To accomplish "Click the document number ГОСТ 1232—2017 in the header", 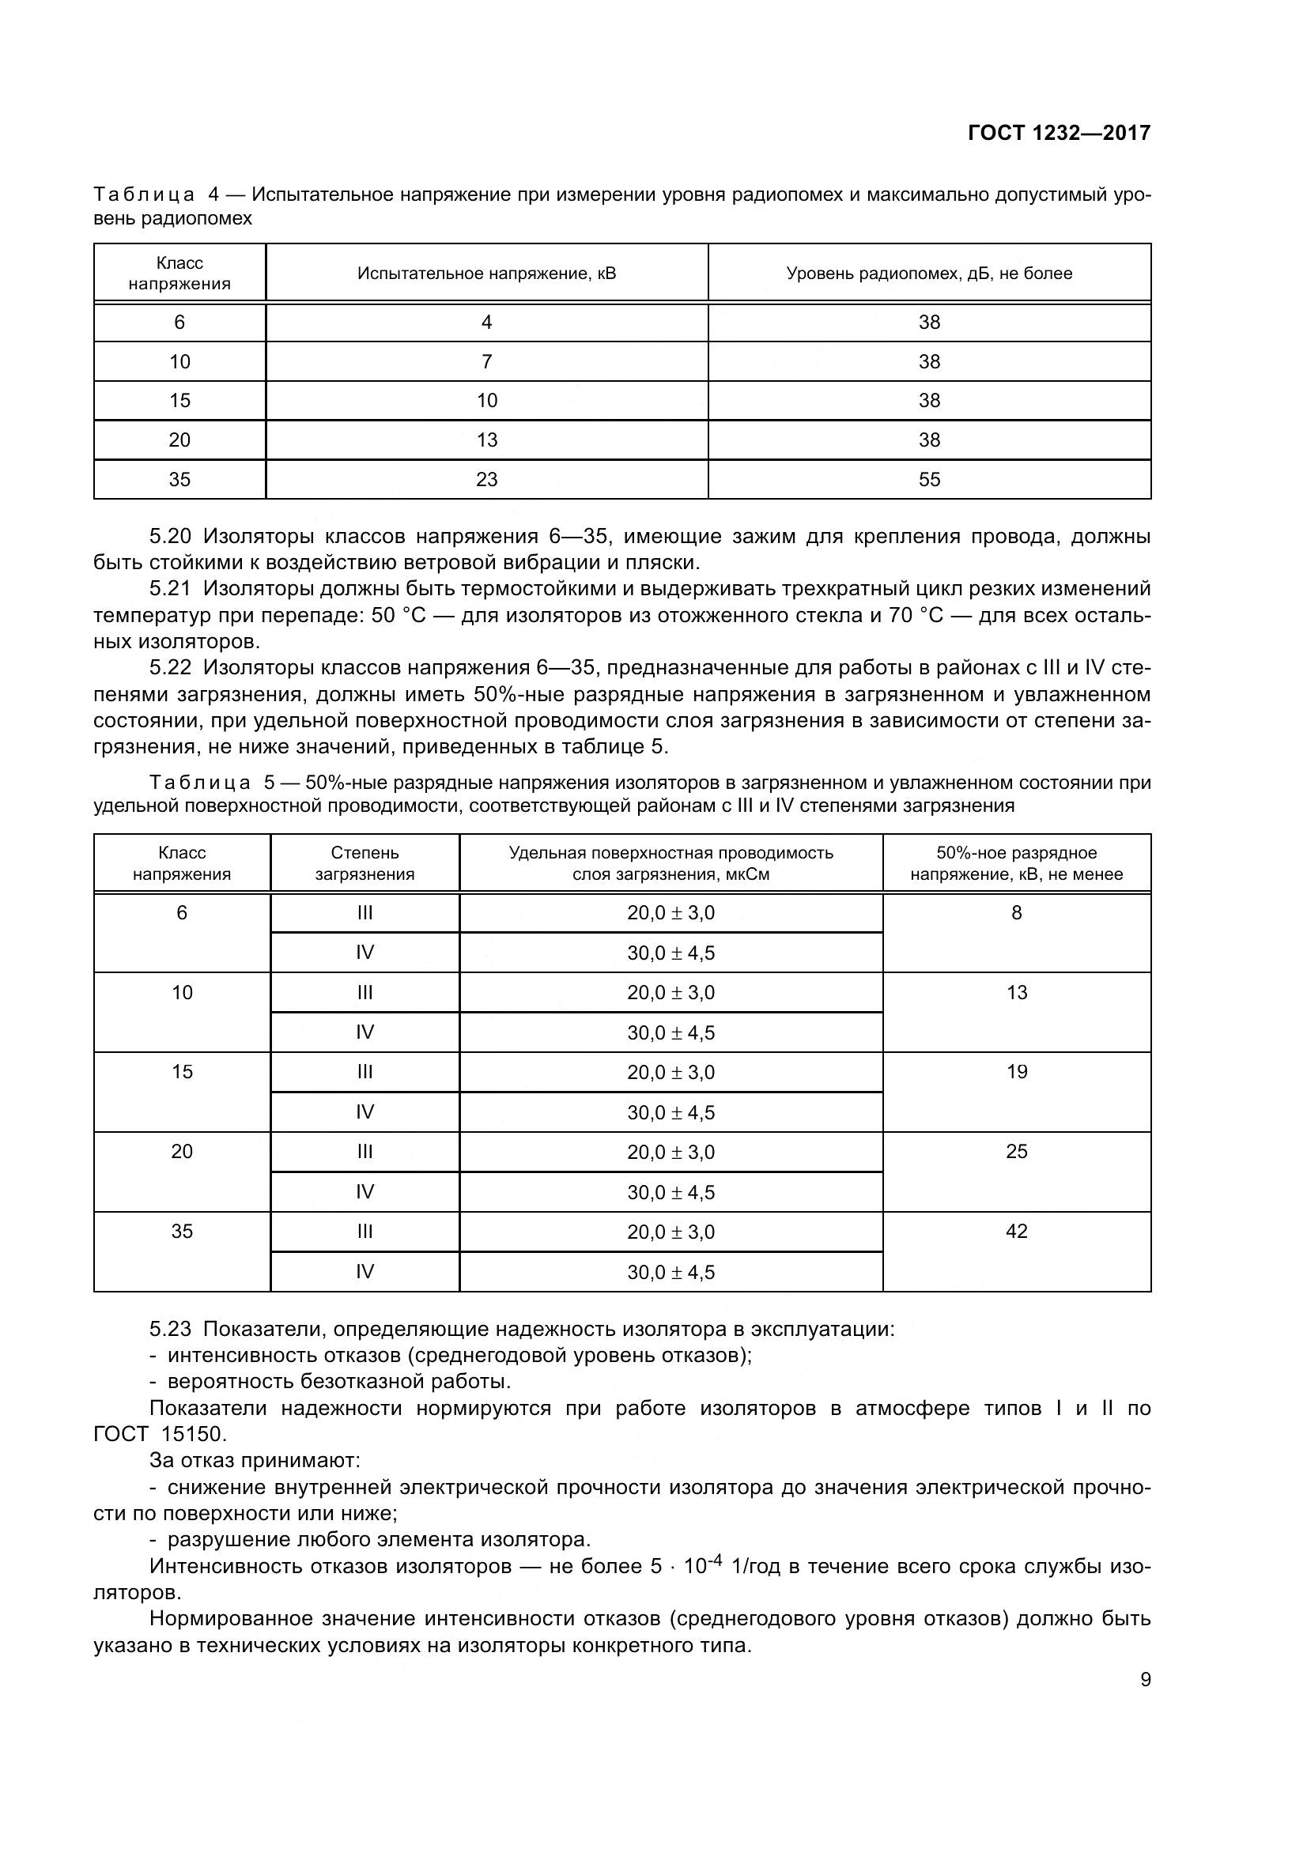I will pyautogui.click(x=1058, y=133).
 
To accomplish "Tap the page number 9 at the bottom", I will pyautogui.click(x=1145, y=1680).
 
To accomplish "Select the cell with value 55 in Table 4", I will pyautogui.click(x=928, y=479).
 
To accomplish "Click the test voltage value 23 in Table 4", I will pyautogui.click(x=486, y=479).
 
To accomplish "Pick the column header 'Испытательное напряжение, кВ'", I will pyautogui.click(x=486, y=273).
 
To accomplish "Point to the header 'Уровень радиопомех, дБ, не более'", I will pyautogui.click(x=928, y=273).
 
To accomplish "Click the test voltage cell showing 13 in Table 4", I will pyautogui.click(x=486, y=440).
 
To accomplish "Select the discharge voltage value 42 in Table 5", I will pyautogui.click(x=1016, y=1231).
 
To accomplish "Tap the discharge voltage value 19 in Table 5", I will pyautogui.click(x=1016, y=1071).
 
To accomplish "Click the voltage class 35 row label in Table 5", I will pyautogui.click(x=182, y=1231).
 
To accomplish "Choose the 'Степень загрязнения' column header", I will pyautogui.click(x=365, y=863).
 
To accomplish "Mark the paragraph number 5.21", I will pyautogui.click(x=170, y=589).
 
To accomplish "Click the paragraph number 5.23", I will pyautogui.click(x=170, y=1329).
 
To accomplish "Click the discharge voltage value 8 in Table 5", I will pyautogui.click(x=1016, y=912).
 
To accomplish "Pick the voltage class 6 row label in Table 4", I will pyautogui.click(x=179, y=322).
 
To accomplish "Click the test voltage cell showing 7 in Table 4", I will pyautogui.click(x=486, y=361).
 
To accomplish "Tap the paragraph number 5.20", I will pyautogui.click(x=170, y=536).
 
